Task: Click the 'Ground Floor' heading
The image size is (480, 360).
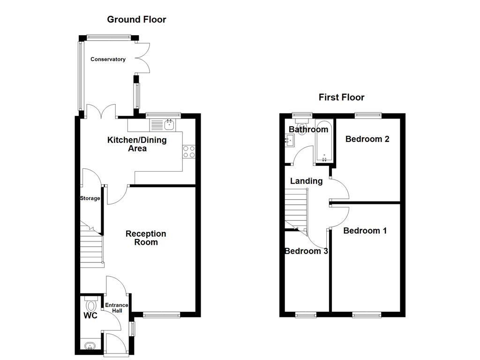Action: coord(136,20)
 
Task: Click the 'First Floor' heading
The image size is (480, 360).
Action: coord(341,97)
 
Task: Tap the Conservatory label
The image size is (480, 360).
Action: coord(108,60)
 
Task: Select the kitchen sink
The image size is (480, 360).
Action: coord(169,125)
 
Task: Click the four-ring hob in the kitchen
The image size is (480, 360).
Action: coord(189,151)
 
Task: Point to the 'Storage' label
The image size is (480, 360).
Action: coord(90,198)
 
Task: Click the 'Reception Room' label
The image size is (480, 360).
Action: coord(146,238)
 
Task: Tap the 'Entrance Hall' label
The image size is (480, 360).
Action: coord(116,308)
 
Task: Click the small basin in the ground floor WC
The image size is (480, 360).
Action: coord(89,347)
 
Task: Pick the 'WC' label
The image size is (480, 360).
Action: coord(90,316)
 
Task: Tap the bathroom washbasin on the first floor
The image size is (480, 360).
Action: coord(289,139)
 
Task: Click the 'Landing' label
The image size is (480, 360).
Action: coord(306,181)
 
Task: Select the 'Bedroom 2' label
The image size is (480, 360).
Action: coord(367,139)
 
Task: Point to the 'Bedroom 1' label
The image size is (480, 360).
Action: coord(365,231)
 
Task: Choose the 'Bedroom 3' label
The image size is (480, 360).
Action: coord(306,251)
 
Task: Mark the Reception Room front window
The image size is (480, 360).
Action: coord(161,315)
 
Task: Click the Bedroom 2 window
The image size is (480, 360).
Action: coord(367,114)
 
